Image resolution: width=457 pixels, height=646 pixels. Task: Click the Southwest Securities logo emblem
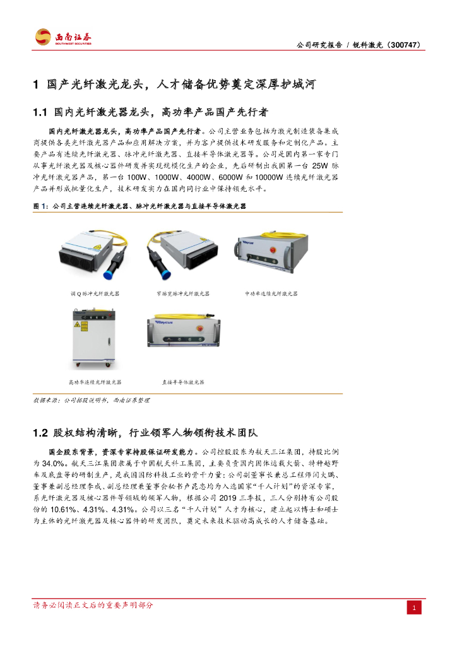(43, 37)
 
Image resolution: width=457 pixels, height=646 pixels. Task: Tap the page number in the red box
(414, 608)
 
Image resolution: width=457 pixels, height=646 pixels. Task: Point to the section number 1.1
(40, 112)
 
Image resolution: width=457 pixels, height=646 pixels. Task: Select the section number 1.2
(40, 433)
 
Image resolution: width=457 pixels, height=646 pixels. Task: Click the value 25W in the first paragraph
(320, 166)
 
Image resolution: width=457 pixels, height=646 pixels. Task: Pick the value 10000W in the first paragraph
(269, 177)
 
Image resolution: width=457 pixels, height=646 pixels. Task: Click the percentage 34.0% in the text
(53, 464)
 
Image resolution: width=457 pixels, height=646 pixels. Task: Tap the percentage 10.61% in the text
(62, 510)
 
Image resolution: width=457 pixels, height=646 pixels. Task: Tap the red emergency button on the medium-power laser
(273, 250)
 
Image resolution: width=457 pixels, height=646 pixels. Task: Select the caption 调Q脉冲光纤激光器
(95, 294)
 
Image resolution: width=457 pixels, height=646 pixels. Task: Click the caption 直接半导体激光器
(183, 382)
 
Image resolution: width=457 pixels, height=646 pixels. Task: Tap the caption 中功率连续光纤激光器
(271, 294)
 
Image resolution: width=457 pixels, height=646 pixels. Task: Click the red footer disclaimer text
(93, 605)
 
